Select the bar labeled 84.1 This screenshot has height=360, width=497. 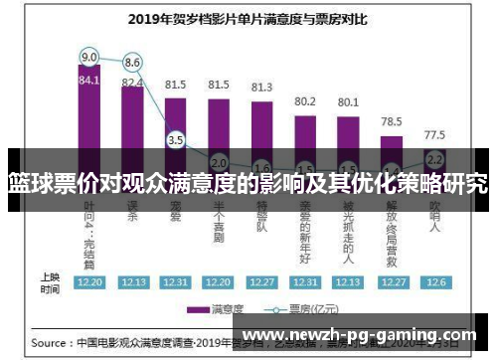point(89,119)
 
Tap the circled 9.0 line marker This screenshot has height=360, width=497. point(89,56)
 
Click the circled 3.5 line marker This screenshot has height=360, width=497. point(176,140)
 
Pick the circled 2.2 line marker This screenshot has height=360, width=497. point(434,158)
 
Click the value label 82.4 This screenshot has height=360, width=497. point(132,83)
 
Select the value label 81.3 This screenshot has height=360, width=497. point(261,88)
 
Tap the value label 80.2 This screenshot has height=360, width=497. point(305,100)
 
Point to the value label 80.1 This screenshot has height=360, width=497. point(348,101)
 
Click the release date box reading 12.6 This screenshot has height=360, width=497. point(434,281)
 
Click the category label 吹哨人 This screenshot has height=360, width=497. point(434,215)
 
